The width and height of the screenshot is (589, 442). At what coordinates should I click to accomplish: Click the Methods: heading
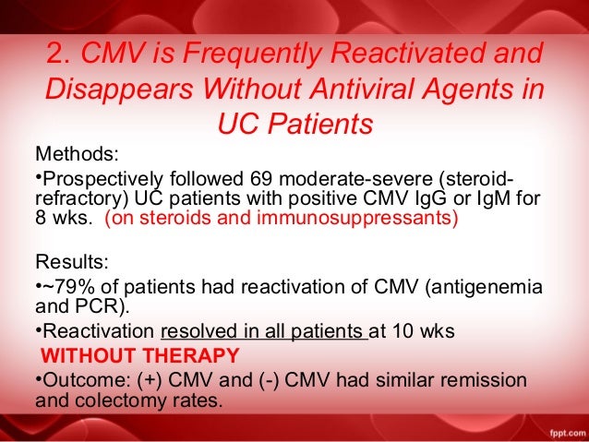[78, 152]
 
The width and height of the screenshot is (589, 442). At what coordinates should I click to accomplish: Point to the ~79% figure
[62, 289]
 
